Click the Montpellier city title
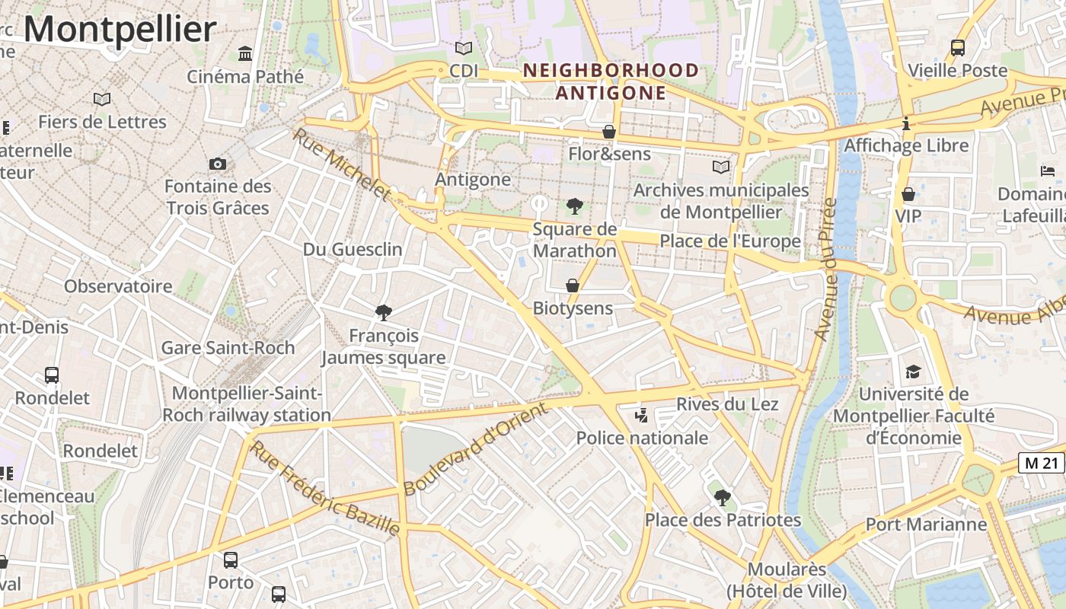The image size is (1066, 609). point(120,30)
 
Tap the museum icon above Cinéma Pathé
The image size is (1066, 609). point(245,54)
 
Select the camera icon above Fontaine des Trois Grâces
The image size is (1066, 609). point(218,164)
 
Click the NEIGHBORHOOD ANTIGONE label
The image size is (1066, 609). point(611,81)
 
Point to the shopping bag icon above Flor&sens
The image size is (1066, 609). point(609,132)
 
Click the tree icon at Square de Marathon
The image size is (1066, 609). point(575,206)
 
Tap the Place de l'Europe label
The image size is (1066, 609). point(729,241)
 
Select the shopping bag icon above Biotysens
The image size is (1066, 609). point(573,285)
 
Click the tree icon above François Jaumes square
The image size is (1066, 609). point(384,312)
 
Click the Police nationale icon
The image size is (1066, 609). point(642,415)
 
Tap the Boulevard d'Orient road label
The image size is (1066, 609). point(475,449)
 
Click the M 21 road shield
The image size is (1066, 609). point(1041,462)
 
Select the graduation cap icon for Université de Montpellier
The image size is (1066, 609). point(913,371)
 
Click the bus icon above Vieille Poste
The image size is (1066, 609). point(958,48)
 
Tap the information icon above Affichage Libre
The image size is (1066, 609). point(906,123)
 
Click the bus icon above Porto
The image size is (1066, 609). point(231,560)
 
